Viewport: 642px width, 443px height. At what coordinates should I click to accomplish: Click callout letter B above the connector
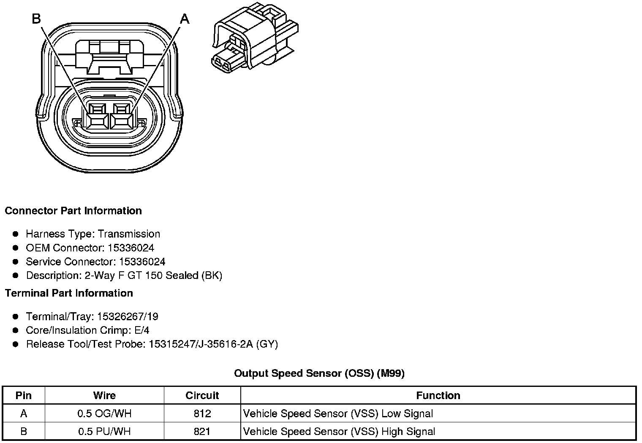tap(37, 19)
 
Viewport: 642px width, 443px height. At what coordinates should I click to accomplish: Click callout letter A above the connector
tap(185, 19)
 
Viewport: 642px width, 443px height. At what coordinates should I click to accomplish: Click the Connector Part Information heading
tap(73, 211)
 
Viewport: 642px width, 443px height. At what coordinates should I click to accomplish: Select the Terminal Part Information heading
tap(69, 293)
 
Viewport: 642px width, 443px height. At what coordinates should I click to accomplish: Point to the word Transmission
tap(129, 234)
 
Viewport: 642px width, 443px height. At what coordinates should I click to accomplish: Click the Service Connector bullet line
tap(95, 262)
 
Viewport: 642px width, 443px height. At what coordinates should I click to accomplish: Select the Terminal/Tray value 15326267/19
tap(128, 316)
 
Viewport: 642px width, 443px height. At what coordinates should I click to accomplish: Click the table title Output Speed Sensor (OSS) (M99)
tap(319, 373)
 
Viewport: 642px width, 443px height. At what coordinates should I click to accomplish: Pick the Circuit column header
tap(202, 395)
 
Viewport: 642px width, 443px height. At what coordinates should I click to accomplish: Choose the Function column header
tap(438, 395)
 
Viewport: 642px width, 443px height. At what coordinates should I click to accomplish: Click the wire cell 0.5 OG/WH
tap(104, 413)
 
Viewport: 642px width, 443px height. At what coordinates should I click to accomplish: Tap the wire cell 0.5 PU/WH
tap(104, 432)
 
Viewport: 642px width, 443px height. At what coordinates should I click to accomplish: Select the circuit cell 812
tap(202, 413)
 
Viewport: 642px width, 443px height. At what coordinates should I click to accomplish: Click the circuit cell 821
tap(202, 432)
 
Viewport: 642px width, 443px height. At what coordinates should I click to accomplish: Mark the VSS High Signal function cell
tap(339, 432)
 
